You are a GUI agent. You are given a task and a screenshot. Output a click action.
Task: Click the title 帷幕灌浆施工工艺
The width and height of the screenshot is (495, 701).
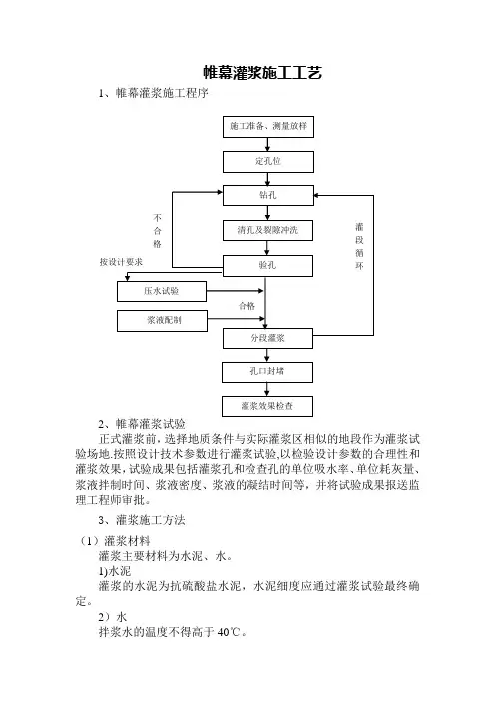pyautogui.click(x=262, y=73)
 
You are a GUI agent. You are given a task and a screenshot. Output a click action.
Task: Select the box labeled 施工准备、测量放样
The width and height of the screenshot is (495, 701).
pyautogui.click(x=268, y=127)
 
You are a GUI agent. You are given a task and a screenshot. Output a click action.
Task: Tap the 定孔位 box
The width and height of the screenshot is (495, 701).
pyautogui.click(x=268, y=162)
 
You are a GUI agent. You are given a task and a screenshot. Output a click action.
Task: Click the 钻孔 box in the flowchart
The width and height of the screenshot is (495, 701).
pyautogui.click(x=268, y=196)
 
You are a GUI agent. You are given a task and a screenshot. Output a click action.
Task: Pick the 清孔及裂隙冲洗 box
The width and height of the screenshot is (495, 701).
pyautogui.click(x=268, y=231)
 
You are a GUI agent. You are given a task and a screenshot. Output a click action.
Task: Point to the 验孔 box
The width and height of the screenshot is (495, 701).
pyautogui.click(x=268, y=266)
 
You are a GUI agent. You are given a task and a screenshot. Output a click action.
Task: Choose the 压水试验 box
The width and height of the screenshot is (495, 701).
pyautogui.click(x=162, y=291)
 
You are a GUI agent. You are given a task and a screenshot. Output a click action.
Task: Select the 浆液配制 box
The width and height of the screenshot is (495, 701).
pyautogui.click(x=162, y=321)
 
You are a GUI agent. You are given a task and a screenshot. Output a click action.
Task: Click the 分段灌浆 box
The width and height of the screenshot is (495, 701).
pyautogui.click(x=268, y=338)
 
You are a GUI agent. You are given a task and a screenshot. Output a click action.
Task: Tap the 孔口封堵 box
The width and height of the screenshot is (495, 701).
pyautogui.click(x=267, y=372)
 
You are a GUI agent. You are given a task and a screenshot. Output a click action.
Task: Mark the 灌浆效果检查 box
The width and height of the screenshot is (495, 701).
pyautogui.click(x=267, y=406)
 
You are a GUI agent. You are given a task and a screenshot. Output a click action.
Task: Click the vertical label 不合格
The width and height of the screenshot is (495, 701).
pyautogui.click(x=158, y=231)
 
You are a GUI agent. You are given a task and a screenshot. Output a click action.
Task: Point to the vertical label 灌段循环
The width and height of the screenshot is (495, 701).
pyautogui.click(x=359, y=246)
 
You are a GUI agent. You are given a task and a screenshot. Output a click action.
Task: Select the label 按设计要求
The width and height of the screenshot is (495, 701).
pyautogui.click(x=121, y=262)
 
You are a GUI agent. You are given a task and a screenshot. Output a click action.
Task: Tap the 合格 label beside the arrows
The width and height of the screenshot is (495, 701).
pyautogui.click(x=247, y=306)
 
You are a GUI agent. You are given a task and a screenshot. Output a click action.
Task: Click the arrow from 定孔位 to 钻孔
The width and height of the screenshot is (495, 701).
pyautogui.click(x=268, y=179)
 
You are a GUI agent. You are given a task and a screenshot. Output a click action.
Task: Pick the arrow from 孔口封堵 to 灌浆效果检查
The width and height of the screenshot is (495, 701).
pyautogui.click(x=267, y=389)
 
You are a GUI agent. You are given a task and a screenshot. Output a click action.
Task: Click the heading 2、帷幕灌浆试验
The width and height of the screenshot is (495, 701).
pyautogui.click(x=142, y=423)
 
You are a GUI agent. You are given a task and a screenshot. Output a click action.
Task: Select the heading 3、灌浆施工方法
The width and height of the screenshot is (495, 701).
pyautogui.click(x=142, y=520)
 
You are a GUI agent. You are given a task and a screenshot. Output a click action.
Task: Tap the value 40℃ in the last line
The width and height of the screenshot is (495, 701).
pyautogui.click(x=230, y=632)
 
